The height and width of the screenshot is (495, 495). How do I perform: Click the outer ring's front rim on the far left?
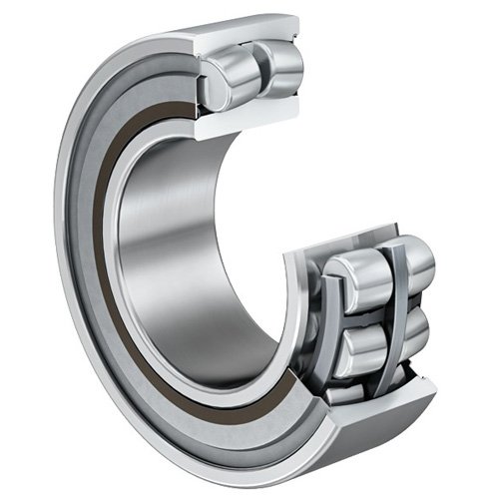(x=62, y=249)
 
